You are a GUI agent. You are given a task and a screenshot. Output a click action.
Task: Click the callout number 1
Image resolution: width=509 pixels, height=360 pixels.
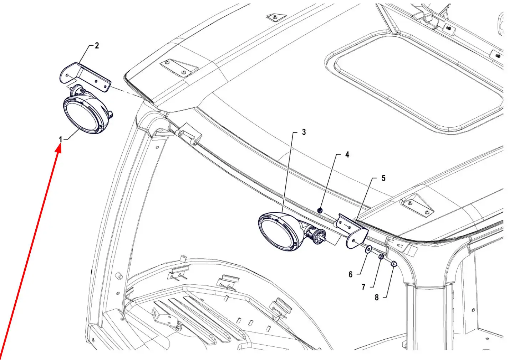60,139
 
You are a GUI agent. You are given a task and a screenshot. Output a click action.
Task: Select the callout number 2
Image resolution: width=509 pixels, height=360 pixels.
97,46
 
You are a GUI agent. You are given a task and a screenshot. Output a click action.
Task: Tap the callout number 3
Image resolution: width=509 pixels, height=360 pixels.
304,132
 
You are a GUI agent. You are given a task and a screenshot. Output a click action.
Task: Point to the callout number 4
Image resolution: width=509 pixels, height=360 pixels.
347,155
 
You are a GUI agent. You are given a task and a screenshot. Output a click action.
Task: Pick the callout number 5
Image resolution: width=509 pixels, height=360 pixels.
383,178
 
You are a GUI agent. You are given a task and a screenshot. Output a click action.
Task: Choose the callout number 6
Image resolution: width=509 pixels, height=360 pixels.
351,274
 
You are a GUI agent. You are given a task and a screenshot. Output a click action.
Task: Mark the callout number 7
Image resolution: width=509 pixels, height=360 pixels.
363,287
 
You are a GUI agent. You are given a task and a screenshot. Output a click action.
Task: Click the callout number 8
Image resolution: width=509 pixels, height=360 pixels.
377,297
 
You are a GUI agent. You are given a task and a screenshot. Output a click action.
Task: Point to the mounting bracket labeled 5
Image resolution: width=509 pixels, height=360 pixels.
352,230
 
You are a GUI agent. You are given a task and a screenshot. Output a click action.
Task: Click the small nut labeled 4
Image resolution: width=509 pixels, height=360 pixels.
320,211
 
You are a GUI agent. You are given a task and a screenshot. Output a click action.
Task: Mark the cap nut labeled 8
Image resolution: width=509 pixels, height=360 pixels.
394,264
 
